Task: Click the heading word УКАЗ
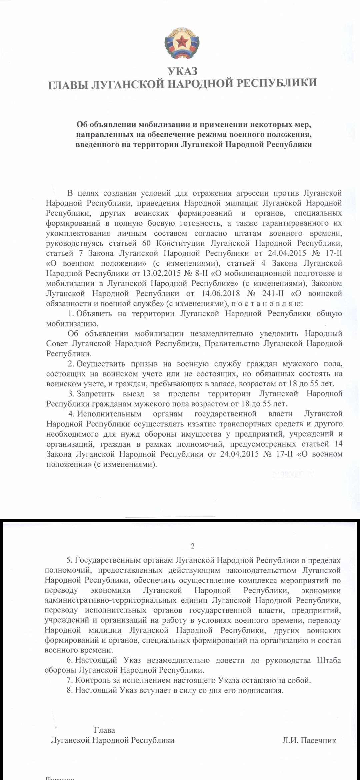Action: (182, 71)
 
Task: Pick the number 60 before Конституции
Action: (146, 243)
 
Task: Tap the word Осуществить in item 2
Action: (101, 364)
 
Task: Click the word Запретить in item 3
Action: (95, 394)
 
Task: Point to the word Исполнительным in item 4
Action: (109, 414)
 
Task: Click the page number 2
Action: (193, 546)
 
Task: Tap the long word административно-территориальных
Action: (110, 600)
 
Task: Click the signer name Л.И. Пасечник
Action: (309, 740)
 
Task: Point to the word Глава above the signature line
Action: (104, 730)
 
